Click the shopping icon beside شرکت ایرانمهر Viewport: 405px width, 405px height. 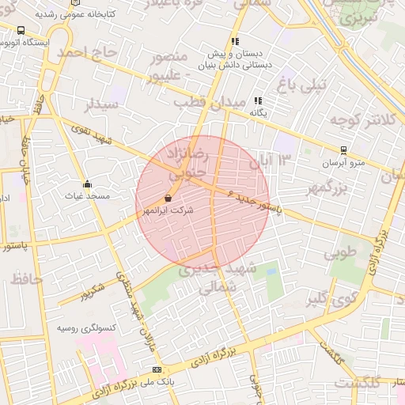(x=168, y=199)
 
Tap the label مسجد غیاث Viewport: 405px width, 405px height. (x=88, y=195)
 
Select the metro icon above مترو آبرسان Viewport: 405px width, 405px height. (x=343, y=150)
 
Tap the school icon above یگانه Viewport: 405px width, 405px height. (x=258, y=101)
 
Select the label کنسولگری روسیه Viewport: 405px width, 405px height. (x=87, y=327)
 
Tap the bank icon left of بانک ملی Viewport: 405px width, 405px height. (x=157, y=369)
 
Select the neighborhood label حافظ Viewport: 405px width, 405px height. (x=26, y=278)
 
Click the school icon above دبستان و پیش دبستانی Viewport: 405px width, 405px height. (x=235, y=41)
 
